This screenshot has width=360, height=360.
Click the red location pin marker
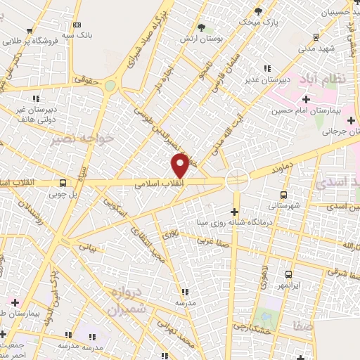point(181,166)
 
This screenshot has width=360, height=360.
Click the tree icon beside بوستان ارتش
point(202,27)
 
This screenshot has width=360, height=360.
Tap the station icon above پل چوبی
point(64,183)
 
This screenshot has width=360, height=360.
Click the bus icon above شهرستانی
point(283,195)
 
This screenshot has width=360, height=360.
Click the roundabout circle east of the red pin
point(236,179)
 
